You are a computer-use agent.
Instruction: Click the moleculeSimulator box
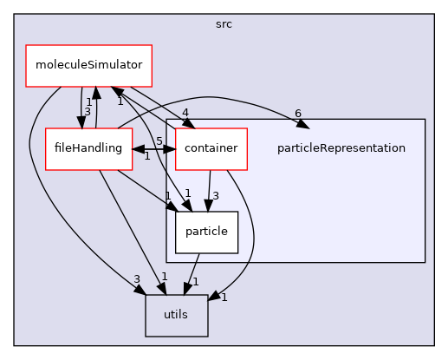[89, 66]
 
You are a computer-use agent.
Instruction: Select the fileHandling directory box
[83, 148]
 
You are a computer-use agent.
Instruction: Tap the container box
[211, 148]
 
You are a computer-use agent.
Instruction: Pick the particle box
[206, 232]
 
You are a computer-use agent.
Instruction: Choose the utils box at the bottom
[176, 315]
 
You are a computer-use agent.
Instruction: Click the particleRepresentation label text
[341, 148]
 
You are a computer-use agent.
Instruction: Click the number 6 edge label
[297, 114]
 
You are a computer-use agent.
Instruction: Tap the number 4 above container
[186, 111]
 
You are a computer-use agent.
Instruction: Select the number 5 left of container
[159, 141]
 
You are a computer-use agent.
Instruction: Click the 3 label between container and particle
[214, 196]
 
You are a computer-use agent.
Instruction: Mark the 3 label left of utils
[136, 278]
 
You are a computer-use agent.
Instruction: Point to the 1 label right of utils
[224, 298]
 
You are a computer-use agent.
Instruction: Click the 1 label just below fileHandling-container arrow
[146, 156]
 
